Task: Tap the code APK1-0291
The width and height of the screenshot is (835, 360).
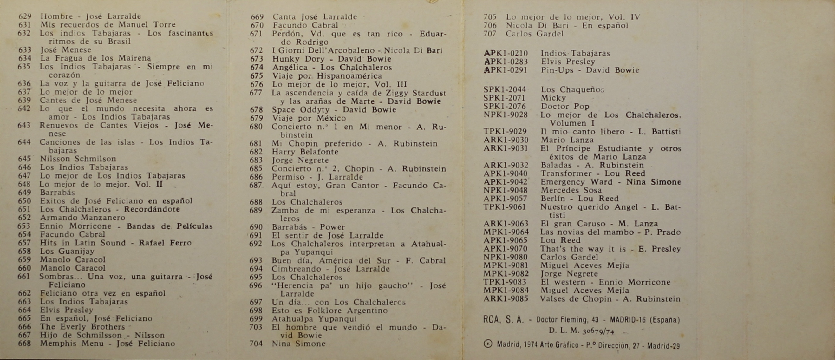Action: (505, 70)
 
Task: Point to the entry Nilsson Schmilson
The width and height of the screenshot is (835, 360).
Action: (78, 159)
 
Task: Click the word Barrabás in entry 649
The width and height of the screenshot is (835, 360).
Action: (57, 192)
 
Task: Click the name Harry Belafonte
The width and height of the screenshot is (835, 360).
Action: (305, 152)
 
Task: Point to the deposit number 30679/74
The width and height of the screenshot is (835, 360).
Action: (598, 331)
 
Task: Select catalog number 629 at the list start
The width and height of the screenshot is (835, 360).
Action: (25, 16)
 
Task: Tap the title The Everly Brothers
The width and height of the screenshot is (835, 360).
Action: (82, 327)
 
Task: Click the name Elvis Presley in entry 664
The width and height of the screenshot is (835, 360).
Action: (67, 310)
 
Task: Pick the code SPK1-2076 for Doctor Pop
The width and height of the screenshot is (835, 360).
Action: (505, 106)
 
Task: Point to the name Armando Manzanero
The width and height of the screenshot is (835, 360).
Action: (82, 218)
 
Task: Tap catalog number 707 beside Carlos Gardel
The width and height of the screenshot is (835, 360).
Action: (489, 34)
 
